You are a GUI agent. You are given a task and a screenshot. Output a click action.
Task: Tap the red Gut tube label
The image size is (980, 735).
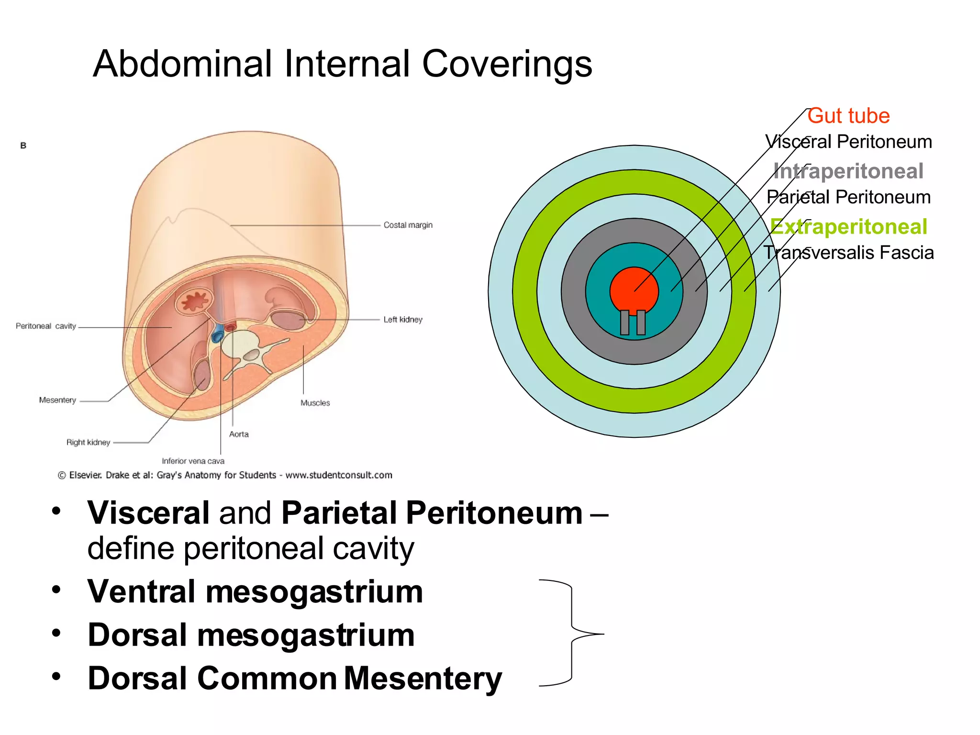pos(848,116)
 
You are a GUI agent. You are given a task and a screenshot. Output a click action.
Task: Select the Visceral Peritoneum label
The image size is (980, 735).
pos(848,142)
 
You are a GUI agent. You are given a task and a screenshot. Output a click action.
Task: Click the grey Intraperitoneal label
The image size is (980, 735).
pos(848,171)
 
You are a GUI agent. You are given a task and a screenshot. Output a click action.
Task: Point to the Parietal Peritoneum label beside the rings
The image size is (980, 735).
pos(848,197)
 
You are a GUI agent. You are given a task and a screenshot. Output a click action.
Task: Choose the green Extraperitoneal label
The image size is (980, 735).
pos(848,226)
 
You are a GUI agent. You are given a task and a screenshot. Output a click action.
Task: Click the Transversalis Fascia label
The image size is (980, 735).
pos(848,253)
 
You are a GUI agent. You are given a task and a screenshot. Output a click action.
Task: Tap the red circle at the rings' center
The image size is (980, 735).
pos(634,290)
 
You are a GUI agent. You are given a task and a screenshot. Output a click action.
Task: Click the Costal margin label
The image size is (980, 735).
pos(408,225)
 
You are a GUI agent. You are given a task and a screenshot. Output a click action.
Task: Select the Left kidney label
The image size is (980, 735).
pos(402,320)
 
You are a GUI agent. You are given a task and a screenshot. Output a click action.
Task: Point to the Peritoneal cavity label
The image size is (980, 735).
pos(46,326)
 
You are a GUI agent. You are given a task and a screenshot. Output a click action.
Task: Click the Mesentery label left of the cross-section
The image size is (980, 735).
pos(57,400)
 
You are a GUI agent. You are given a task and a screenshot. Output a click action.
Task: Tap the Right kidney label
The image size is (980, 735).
pos(88,443)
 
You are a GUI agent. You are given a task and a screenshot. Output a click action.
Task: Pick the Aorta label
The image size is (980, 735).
pos(239,434)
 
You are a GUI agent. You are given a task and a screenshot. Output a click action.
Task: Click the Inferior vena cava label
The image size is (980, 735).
pos(193,461)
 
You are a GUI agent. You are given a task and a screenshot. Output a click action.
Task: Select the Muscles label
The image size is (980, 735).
pos(315,403)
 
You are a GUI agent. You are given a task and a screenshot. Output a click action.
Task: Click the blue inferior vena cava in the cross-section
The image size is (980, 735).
pos(218,334)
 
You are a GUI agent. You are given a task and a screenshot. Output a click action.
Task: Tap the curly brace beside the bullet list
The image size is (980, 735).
pos(572,633)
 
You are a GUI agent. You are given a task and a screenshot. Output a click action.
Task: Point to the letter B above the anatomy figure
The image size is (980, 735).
pos(23,145)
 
